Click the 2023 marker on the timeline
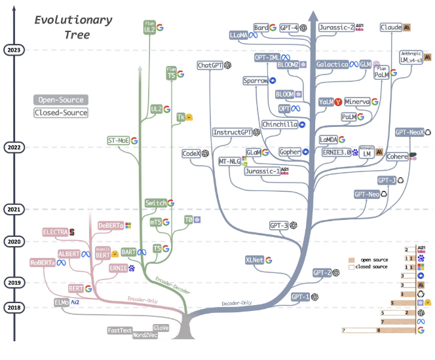(x=14, y=50)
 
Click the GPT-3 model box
(x=280, y=225)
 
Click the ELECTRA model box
(x=55, y=232)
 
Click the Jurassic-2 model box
(x=337, y=28)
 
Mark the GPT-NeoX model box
(x=409, y=132)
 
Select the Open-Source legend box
(x=60, y=100)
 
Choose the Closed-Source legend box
(x=60, y=113)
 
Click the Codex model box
(x=191, y=153)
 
